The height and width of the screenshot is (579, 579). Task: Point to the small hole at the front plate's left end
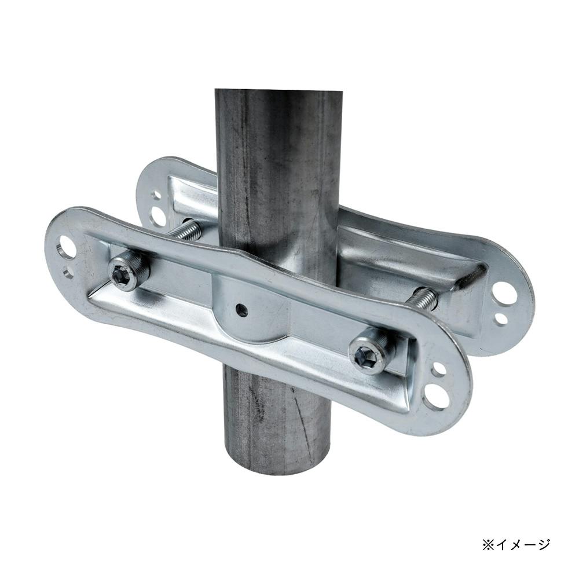pyautogui.click(x=68, y=273)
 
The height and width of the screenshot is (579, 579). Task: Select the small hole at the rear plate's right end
pyautogui.click(x=500, y=318)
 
